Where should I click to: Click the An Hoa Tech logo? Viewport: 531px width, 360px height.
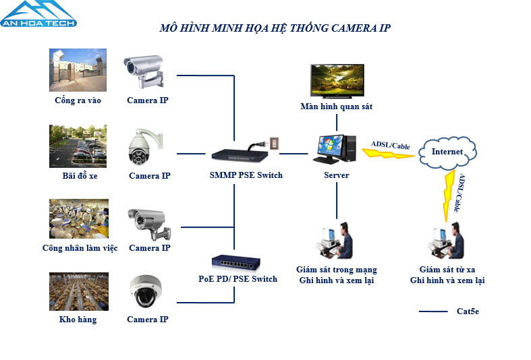[38, 14]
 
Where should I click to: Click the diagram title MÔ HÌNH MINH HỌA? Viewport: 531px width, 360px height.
[274, 28]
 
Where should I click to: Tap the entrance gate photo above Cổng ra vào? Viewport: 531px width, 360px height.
[78, 71]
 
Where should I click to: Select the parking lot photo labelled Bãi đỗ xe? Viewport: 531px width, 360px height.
[78, 146]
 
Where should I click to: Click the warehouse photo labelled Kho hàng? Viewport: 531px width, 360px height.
[78, 291]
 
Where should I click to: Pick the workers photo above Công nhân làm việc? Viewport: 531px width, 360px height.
[78, 219]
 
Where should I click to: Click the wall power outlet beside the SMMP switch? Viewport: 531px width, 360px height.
[273, 143]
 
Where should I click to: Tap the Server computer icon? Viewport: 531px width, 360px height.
[335, 149]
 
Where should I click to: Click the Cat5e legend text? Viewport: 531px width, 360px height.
[468, 311]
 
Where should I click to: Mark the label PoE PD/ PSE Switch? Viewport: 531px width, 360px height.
[237, 278]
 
